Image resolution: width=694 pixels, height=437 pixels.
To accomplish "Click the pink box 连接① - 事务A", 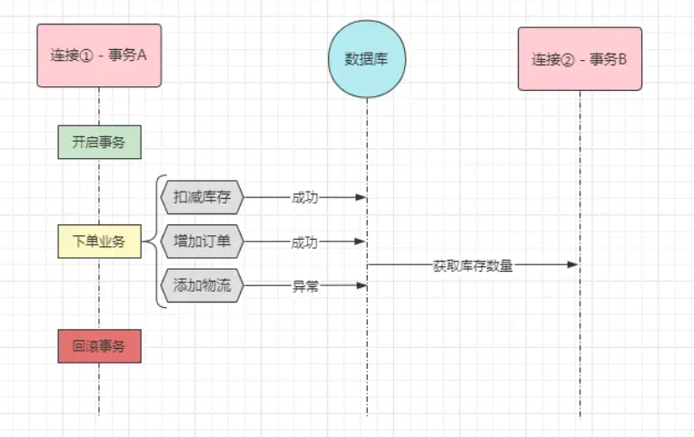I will point(99,55).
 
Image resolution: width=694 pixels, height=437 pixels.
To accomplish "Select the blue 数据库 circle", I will point(367,59).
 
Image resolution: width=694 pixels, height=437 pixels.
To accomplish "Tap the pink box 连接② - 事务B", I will point(580,59).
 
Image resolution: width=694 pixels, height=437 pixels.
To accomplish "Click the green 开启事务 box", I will point(99,142).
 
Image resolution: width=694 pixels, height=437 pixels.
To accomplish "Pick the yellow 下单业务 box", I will point(99,242).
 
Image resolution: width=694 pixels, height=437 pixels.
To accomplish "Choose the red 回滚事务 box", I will point(99,346).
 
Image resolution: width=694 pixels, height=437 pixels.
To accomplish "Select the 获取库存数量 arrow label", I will point(472,265).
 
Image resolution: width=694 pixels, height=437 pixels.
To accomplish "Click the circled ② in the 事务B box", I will point(570,60).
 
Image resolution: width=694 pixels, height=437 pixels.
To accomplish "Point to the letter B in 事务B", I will point(623,60).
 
